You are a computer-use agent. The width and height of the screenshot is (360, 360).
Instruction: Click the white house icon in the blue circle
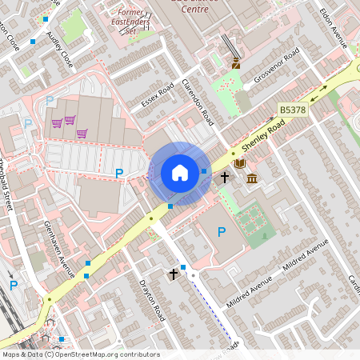(x=180, y=173)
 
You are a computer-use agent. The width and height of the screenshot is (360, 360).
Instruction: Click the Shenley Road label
(x=264, y=136)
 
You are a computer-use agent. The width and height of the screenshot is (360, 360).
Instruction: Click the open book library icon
(x=239, y=163)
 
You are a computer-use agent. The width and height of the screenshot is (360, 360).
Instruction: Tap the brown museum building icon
(x=252, y=177)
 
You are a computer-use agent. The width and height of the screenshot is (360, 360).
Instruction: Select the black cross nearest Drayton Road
(x=173, y=274)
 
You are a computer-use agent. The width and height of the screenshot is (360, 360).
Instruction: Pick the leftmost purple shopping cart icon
(x=57, y=122)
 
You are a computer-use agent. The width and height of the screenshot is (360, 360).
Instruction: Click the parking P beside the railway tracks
(x=12, y=284)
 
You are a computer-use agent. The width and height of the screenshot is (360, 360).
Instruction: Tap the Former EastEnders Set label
(x=132, y=22)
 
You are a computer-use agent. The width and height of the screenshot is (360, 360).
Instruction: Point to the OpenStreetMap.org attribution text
(x=80, y=354)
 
